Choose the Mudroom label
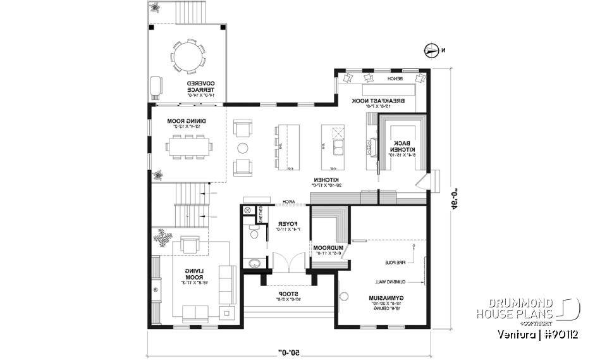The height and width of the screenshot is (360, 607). (327, 249)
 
